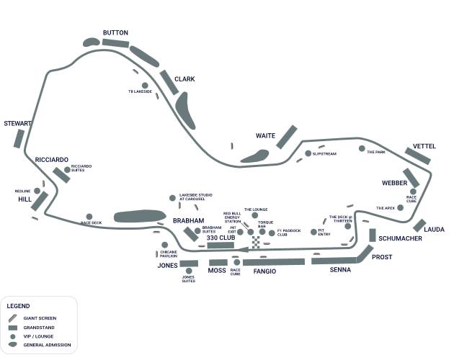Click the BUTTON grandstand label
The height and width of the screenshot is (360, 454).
click(x=115, y=32)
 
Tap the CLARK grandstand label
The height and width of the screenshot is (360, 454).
click(x=184, y=79)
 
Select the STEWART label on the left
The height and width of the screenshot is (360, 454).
click(x=18, y=124)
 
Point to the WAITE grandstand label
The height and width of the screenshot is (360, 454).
click(x=266, y=135)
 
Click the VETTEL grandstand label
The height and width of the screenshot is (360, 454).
click(x=424, y=146)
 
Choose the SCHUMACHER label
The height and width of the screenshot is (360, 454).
click(x=400, y=238)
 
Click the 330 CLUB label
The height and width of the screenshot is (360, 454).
click(x=221, y=238)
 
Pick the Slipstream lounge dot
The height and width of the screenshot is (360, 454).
click(x=308, y=153)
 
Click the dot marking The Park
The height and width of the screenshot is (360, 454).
click(x=362, y=148)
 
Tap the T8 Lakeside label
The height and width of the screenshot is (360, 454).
click(x=140, y=91)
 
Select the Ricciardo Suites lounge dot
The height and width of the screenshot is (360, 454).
click(x=66, y=169)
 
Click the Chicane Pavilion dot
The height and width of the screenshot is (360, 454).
click(x=164, y=245)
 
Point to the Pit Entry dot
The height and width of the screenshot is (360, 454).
click(x=313, y=232)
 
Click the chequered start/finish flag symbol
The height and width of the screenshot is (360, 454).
click(x=255, y=240)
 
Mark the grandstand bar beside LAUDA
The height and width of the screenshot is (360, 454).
click(x=419, y=225)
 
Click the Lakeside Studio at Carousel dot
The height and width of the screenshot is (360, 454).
click(x=172, y=197)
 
